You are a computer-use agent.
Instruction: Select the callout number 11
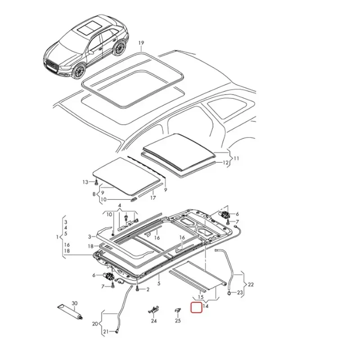237,158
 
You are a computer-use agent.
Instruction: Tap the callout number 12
226,163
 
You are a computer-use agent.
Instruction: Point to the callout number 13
85,182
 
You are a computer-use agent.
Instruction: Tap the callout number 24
154,321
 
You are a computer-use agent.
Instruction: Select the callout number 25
178,321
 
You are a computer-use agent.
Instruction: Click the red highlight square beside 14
197,308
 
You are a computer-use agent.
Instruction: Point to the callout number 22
251,284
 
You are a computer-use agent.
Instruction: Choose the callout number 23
240,292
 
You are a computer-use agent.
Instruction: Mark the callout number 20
95,324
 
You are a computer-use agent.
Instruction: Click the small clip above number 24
154,310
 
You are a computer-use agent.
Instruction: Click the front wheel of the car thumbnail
80,71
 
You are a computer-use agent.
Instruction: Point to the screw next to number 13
95,182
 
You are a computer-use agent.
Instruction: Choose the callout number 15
201,297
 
